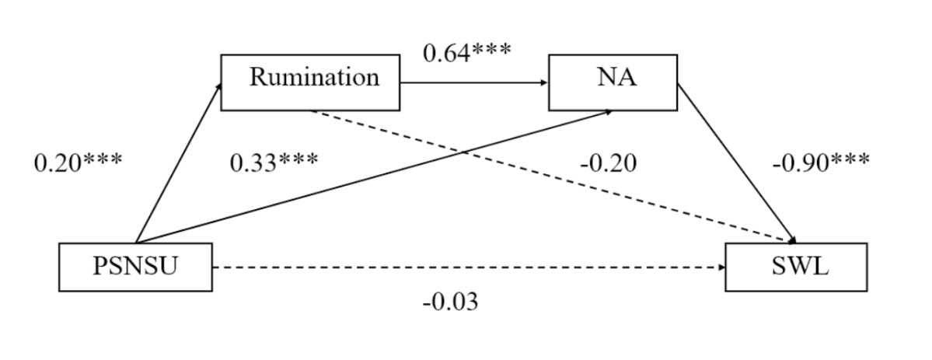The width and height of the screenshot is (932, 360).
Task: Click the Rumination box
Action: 310,82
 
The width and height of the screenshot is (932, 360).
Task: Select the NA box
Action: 613,82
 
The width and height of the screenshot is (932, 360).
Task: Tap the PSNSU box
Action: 136,267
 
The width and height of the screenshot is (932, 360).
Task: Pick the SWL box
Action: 794,267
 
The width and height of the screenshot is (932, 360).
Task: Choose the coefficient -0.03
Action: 450,302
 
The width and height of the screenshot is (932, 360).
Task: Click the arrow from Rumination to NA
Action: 474,82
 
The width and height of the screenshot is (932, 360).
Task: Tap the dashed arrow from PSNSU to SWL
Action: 466,267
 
